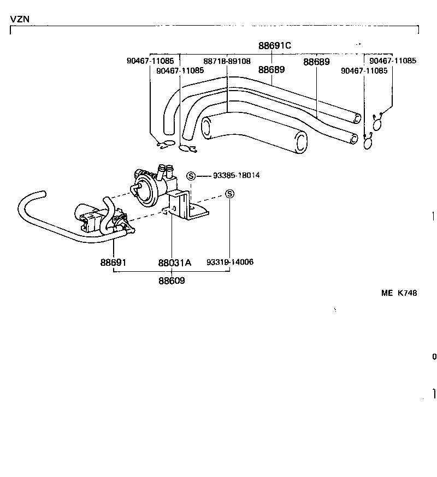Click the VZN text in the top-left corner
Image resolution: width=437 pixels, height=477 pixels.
click(20, 19)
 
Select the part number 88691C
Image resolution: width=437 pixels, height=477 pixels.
click(274, 46)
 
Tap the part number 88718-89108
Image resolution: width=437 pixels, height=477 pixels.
click(227, 62)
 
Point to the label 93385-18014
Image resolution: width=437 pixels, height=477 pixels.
click(237, 176)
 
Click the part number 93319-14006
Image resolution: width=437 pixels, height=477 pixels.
click(230, 263)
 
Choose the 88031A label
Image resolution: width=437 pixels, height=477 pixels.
click(174, 263)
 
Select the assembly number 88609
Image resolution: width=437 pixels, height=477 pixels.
click(172, 281)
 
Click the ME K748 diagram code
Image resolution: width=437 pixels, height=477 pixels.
click(399, 293)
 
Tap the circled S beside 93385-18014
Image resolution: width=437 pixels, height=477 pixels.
click(191, 176)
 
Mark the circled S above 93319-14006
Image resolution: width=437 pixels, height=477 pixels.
click(229, 194)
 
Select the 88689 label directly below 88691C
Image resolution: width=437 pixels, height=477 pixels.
click(271, 70)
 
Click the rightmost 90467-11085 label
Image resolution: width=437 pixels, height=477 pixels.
click(393, 61)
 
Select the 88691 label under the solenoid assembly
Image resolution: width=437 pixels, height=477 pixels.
click(113, 263)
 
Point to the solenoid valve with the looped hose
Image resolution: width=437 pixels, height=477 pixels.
click(93, 217)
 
